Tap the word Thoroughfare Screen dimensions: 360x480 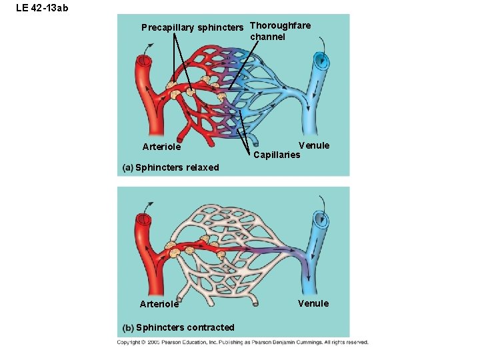[x=280, y=25]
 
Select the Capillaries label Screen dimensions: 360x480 [x=277, y=155]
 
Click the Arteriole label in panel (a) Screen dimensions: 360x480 [x=161, y=147]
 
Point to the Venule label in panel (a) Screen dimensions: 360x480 [x=314, y=145]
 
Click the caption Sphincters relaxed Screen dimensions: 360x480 [x=177, y=167]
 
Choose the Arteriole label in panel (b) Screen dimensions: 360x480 [x=159, y=304]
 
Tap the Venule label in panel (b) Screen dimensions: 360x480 [x=313, y=303]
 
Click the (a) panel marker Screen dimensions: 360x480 [x=128, y=167]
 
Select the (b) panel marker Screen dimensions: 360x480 [x=128, y=327]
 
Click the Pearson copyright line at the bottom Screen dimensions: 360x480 [x=243, y=342]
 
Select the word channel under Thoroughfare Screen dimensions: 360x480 [x=267, y=37]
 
